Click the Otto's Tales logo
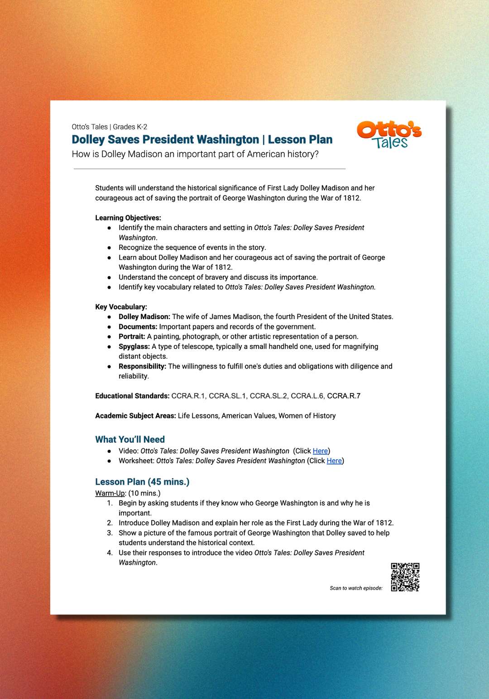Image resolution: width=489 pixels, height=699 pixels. click(x=389, y=135)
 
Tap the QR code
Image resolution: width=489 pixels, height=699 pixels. click(x=405, y=577)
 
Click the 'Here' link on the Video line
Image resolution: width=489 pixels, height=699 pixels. click(x=320, y=451)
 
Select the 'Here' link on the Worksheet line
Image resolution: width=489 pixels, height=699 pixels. click(x=334, y=461)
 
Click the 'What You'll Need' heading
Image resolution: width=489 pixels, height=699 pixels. click(x=130, y=439)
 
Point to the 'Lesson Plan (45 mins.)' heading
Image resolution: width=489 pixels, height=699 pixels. click(x=142, y=482)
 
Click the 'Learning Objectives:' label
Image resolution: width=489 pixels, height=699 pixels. click(x=128, y=218)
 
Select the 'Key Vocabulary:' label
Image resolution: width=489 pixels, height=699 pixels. click(x=121, y=307)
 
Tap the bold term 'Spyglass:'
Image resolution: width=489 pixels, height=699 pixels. click(x=134, y=347)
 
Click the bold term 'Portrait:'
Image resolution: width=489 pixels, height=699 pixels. click(x=132, y=337)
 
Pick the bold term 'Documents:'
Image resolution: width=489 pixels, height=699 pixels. click(x=138, y=327)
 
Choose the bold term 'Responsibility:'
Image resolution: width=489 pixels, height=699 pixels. click(x=142, y=366)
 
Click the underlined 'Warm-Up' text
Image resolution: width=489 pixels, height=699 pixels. click(x=110, y=493)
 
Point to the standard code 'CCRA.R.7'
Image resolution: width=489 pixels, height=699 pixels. click(x=344, y=396)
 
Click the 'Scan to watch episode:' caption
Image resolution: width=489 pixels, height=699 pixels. click(x=356, y=588)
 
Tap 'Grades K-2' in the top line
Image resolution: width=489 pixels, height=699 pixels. click(x=130, y=127)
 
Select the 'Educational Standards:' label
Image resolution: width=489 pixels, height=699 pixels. click(x=132, y=396)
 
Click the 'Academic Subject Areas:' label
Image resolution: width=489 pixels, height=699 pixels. click(x=135, y=416)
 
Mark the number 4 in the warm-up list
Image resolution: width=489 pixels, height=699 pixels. click(x=110, y=553)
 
